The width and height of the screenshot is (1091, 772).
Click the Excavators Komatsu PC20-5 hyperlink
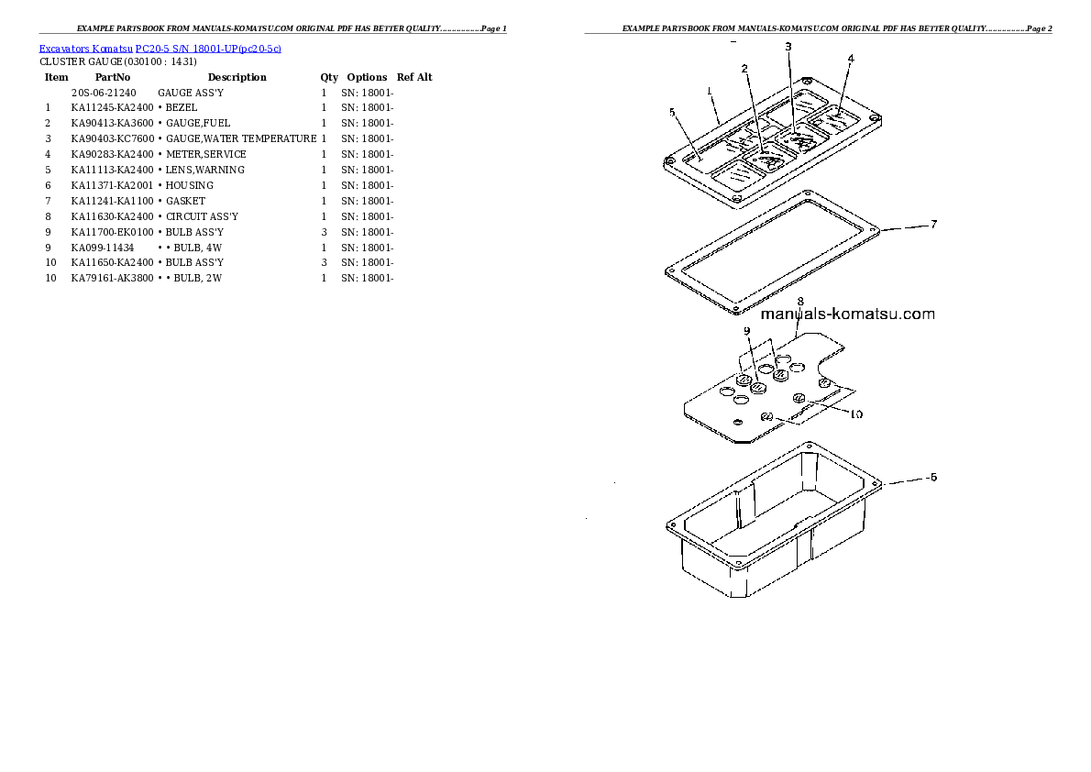coord(160,49)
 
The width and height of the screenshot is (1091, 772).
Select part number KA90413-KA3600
coord(112,123)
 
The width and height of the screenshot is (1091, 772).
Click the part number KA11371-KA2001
coord(112,185)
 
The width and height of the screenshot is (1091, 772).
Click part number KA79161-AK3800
coord(112,278)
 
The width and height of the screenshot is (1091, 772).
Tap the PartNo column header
coord(113,77)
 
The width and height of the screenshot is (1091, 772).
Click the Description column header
coord(237,77)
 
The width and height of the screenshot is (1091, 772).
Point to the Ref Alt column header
coord(414,77)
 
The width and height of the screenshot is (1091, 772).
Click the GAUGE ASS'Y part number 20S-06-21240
coord(104,93)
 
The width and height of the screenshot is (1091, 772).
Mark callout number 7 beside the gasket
coord(933,224)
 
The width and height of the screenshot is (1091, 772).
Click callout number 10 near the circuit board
coord(854,414)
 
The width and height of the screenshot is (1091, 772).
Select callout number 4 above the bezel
coord(851,59)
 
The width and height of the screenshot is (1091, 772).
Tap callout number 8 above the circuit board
coord(799,301)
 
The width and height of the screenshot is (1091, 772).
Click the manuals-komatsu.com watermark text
coord(847,314)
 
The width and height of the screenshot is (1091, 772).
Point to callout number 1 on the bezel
coord(710,90)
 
